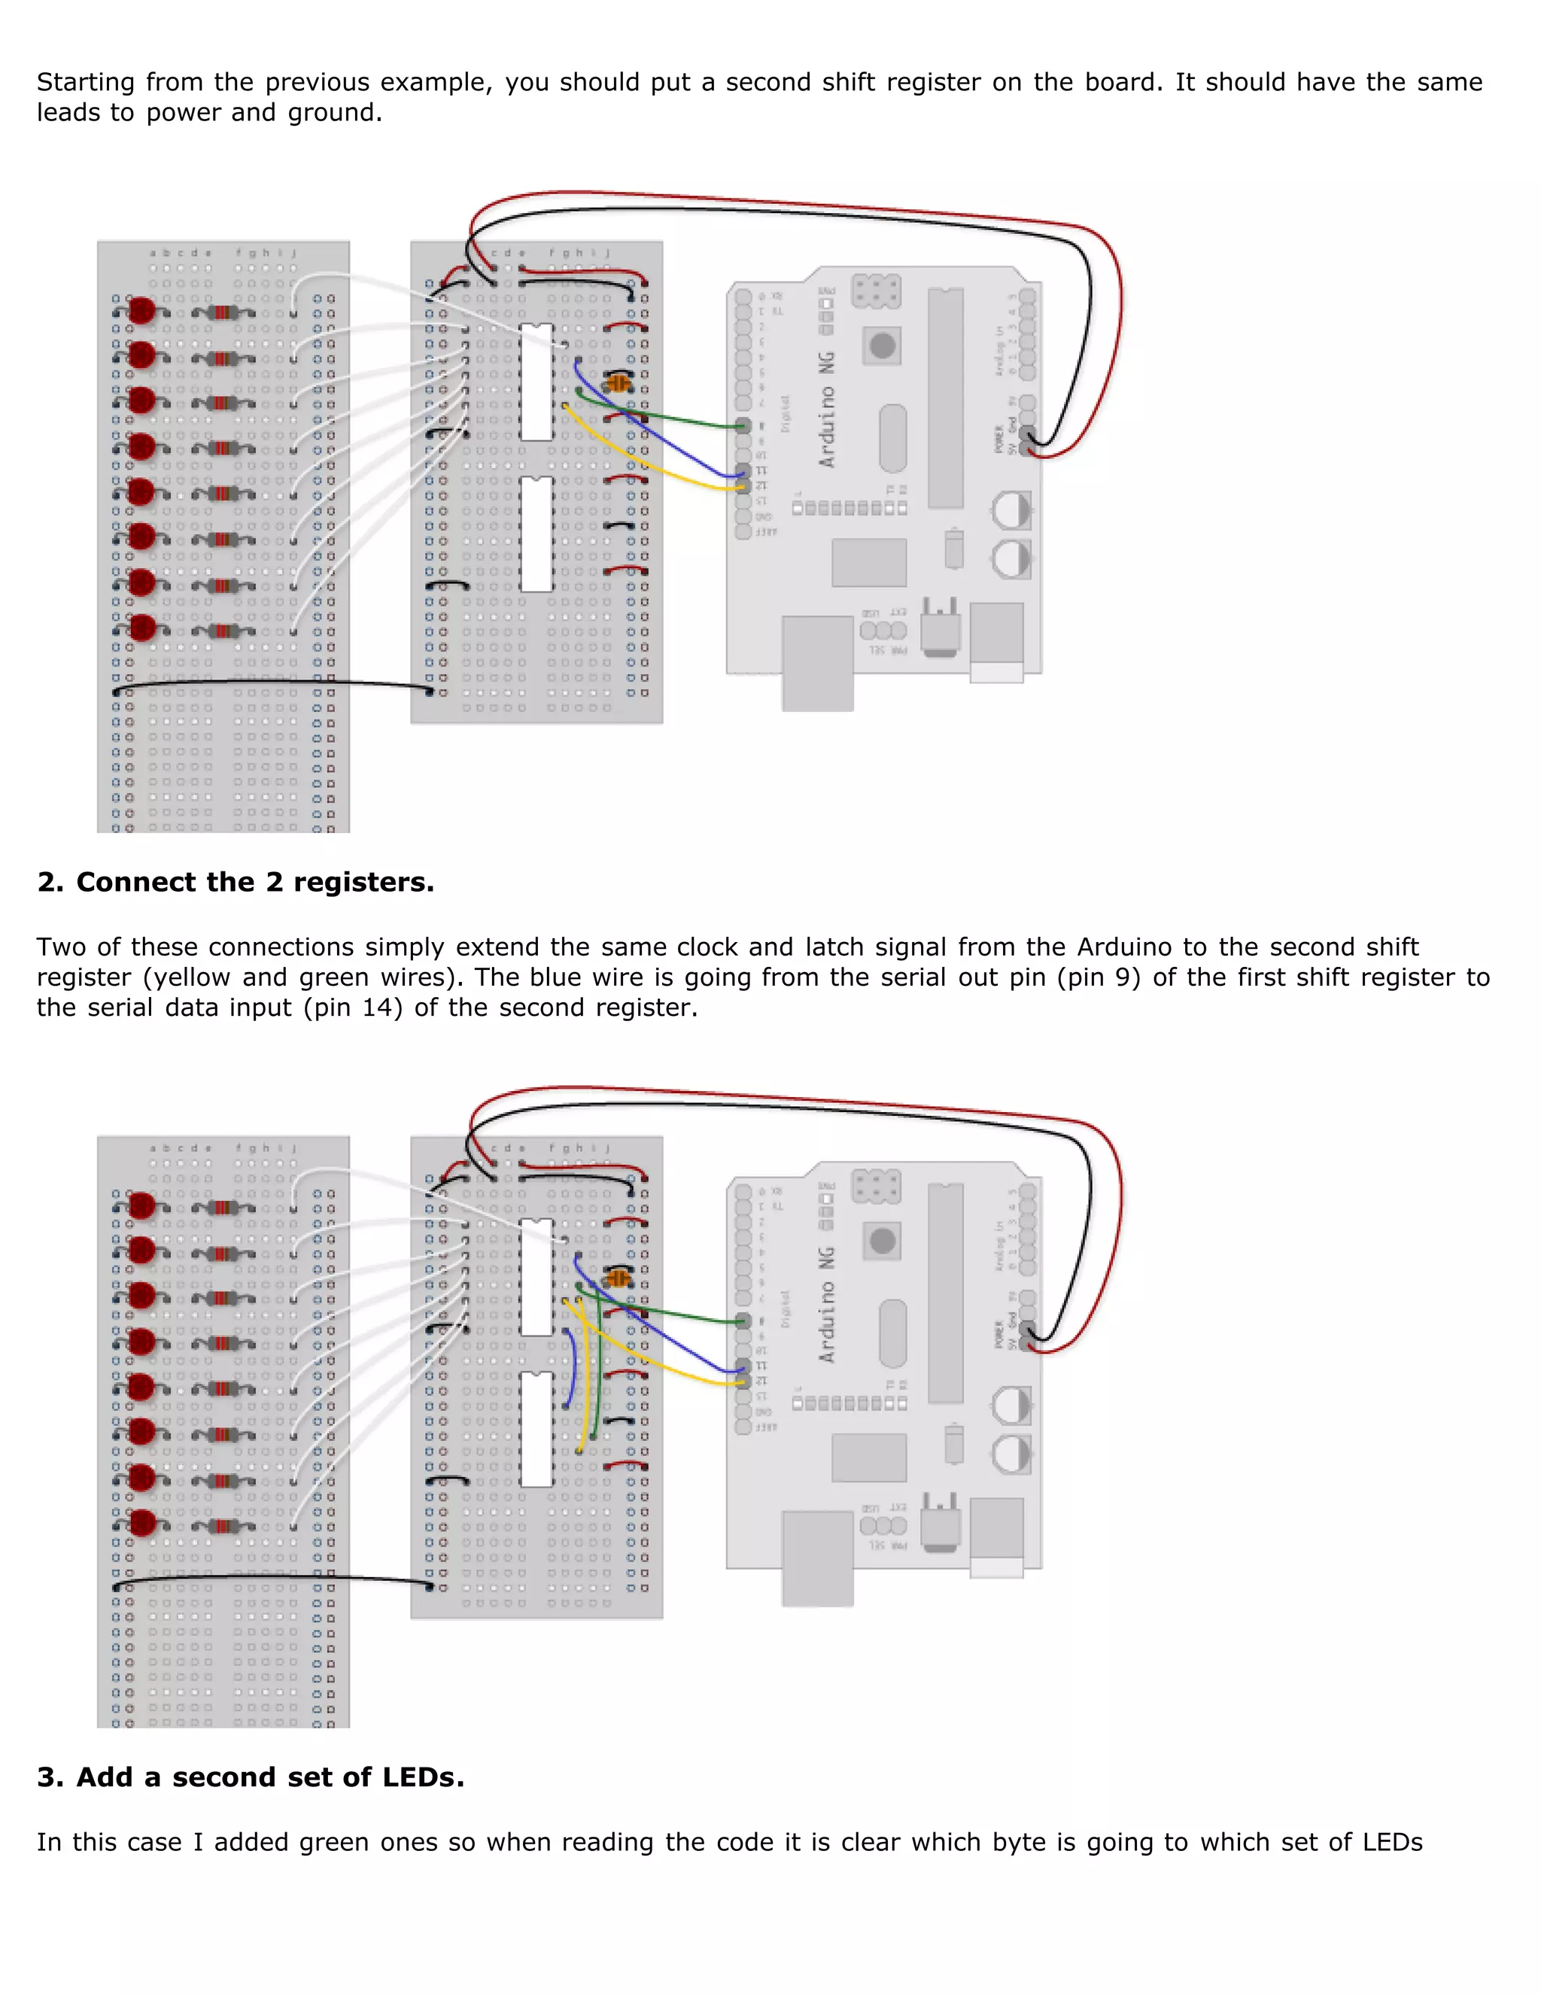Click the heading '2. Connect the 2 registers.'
click(x=236, y=882)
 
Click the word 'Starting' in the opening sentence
click(x=86, y=82)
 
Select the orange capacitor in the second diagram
click(x=618, y=1278)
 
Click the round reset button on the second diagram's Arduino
click(x=882, y=1241)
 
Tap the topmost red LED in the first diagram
click(x=141, y=311)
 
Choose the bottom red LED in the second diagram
click(x=141, y=1522)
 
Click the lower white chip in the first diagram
click(x=536, y=534)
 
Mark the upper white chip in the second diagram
click(x=536, y=1276)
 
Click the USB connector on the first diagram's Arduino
click(x=817, y=662)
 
